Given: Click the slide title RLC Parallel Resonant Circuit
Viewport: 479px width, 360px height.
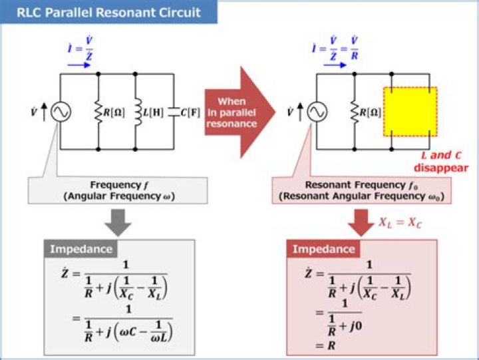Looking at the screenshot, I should (110, 13).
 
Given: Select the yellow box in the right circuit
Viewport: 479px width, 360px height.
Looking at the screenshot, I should (410, 111).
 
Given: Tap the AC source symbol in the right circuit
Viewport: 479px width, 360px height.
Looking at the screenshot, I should (316, 112).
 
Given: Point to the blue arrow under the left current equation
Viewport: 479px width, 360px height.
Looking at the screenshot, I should (79, 66).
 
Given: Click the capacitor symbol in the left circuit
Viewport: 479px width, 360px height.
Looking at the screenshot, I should (174, 112).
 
